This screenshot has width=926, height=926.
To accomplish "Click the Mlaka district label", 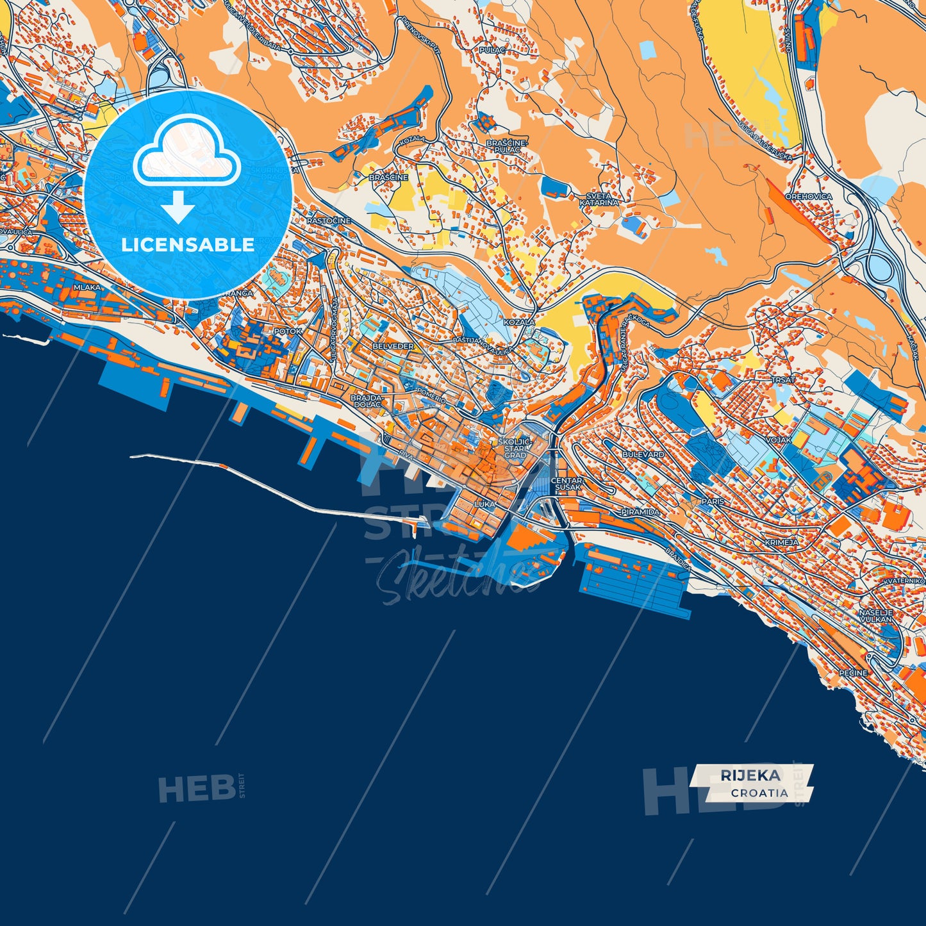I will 87,288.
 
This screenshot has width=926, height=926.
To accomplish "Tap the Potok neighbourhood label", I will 288,331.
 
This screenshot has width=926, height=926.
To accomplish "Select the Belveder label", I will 393,346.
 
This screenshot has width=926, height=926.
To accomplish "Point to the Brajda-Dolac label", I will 367,401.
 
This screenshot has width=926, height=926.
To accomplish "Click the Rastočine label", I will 328,221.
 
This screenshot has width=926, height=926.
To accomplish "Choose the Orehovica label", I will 809,197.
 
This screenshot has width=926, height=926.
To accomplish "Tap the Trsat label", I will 783,380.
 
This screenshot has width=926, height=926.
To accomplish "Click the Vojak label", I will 779,441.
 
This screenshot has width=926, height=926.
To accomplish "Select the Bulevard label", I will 643,454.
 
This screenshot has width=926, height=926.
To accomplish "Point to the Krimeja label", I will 782,542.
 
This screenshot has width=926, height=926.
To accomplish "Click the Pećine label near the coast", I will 853,673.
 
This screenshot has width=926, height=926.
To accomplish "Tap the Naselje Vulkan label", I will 875,616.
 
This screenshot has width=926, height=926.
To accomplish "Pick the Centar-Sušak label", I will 566,484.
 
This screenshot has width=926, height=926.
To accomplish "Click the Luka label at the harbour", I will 484,504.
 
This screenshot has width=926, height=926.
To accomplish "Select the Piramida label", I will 640,513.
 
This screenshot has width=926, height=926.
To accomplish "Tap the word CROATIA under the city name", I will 759,793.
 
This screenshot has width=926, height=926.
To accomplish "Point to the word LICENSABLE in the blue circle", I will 188,245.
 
